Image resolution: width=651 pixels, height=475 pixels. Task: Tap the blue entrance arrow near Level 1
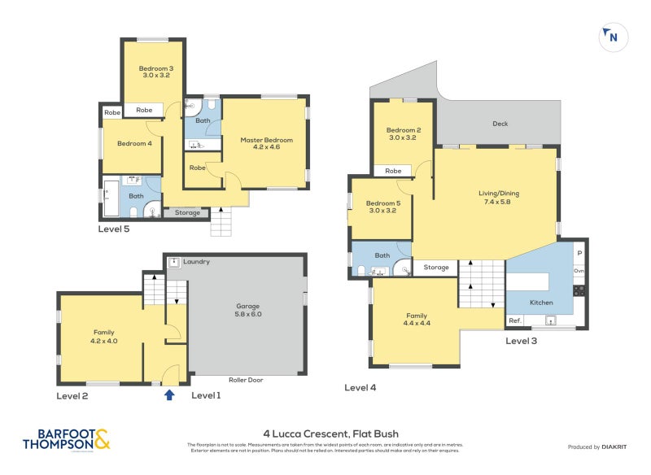coord(169,394)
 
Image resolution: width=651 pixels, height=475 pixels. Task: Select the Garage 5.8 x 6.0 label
coord(248,310)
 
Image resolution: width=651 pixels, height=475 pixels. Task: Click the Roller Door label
coord(247,380)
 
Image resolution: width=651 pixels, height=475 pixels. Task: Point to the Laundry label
coord(196,262)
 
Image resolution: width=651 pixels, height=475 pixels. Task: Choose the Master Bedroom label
coord(266,144)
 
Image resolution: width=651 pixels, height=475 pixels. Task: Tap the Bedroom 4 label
coord(134,144)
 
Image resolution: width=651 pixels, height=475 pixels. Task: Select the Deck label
coord(500,124)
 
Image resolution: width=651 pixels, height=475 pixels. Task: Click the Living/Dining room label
coord(498,198)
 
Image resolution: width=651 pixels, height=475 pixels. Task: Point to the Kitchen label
coord(541,303)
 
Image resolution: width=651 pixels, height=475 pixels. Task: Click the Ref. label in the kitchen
coord(515,321)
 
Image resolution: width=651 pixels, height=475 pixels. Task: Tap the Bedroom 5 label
coord(382,207)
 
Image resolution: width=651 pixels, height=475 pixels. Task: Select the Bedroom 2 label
coord(403,134)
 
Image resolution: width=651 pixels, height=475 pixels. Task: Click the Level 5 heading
coord(114,229)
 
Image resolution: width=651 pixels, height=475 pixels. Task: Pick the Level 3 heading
coord(521,341)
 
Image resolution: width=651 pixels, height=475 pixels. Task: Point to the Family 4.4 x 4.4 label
coord(417,319)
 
